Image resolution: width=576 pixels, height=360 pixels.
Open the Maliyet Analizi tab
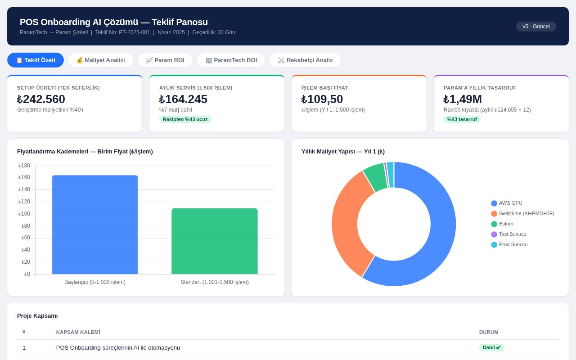click(100, 60)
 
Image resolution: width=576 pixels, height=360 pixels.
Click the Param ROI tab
click(165, 60)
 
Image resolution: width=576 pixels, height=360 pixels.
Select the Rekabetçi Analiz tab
click(305, 60)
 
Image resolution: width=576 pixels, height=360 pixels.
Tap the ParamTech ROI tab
click(231, 60)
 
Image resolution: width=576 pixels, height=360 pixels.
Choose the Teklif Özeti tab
click(36, 60)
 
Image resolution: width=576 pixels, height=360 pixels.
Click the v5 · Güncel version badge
click(536, 27)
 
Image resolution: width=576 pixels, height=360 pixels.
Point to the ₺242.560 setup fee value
click(41, 99)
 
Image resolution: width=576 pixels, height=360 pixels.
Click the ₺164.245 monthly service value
click(183, 99)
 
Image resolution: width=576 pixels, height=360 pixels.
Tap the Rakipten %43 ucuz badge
click(185, 119)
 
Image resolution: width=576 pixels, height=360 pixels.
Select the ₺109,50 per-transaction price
click(322, 99)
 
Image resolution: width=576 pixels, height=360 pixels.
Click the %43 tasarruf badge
click(462, 119)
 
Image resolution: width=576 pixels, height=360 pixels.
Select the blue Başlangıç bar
click(95, 225)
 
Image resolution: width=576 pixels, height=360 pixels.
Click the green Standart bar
click(215, 241)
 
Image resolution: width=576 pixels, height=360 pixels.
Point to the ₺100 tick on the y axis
click(24, 214)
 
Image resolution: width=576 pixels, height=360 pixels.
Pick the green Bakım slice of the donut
click(375, 177)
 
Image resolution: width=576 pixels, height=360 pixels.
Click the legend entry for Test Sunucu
click(509, 234)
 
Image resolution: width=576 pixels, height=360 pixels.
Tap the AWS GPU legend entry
click(507, 203)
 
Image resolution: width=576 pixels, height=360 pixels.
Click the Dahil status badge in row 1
click(491, 348)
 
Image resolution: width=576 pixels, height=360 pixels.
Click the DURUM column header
click(489, 332)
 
